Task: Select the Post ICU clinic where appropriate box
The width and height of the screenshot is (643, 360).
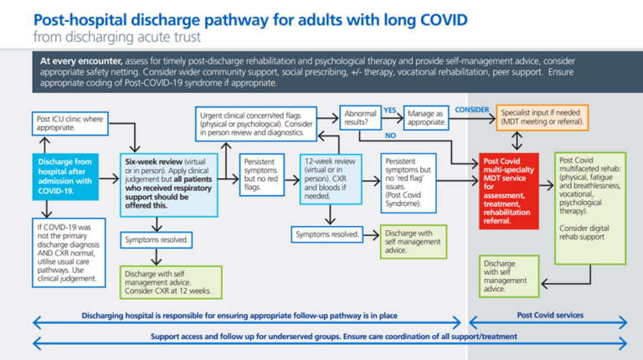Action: [x=69, y=124]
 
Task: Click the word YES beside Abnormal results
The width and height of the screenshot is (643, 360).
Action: [x=389, y=110]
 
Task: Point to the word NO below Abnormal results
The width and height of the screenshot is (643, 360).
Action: [x=390, y=135]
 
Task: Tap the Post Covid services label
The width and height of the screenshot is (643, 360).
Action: [x=550, y=316]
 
